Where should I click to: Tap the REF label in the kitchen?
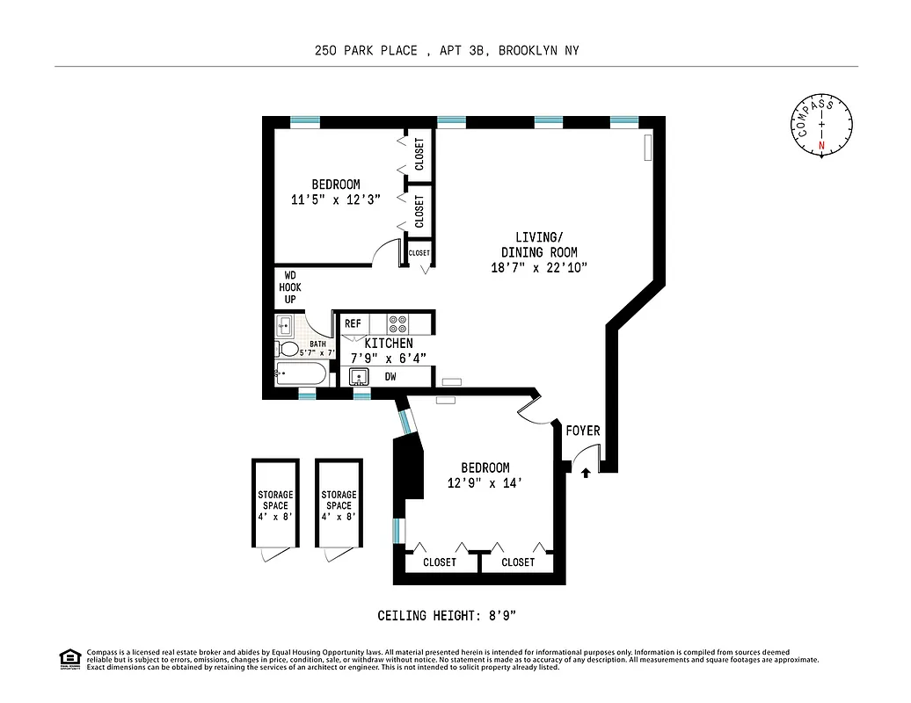pyautogui.click(x=353, y=323)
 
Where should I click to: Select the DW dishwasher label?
pyautogui.click(x=390, y=377)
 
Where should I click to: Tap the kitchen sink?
pyautogui.click(x=359, y=377)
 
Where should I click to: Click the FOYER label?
pyautogui.click(x=582, y=431)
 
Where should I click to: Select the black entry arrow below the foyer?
pyautogui.click(x=586, y=473)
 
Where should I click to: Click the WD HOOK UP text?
pyautogui.click(x=289, y=287)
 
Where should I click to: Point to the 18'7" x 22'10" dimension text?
pyautogui.click(x=538, y=267)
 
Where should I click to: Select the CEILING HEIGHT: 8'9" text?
pyautogui.click(x=452, y=615)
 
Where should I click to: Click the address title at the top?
pyautogui.click(x=447, y=51)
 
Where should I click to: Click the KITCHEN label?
pyautogui.click(x=389, y=343)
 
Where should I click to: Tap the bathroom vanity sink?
pyautogui.click(x=285, y=326)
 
